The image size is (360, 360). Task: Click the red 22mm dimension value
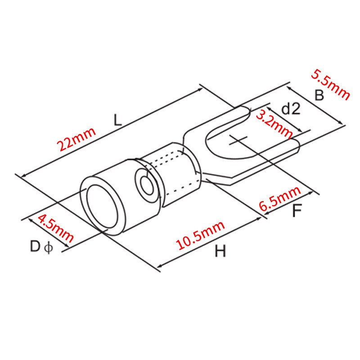[x=76, y=139]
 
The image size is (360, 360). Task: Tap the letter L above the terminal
[x=117, y=120]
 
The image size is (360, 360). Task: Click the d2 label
[x=290, y=109]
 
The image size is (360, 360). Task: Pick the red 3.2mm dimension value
[x=274, y=124]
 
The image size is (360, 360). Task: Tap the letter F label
[x=296, y=211]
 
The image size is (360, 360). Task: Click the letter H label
[x=220, y=252]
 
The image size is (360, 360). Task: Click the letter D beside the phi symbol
[x=36, y=247]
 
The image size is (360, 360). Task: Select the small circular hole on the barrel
[x=145, y=184]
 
